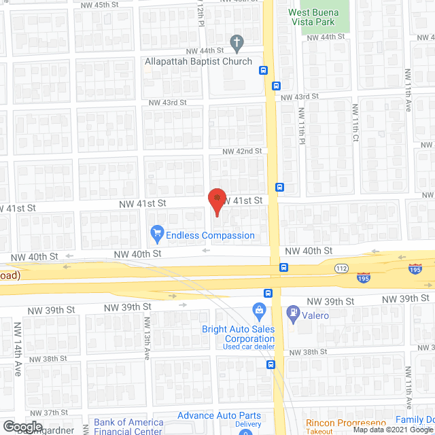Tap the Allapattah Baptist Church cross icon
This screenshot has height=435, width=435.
[x=237, y=43]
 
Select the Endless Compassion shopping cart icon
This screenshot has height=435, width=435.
[x=158, y=235]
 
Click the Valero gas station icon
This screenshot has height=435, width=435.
[x=293, y=314]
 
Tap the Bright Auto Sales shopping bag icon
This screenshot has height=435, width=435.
[x=258, y=311]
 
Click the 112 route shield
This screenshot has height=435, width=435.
[x=342, y=268]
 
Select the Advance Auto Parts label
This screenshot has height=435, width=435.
[x=219, y=415]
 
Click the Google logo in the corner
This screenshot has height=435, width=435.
[x=22, y=426]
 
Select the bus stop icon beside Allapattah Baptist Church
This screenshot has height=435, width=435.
[x=263, y=70]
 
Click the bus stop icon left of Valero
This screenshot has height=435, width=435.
[x=268, y=294]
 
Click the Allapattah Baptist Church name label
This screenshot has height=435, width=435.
[x=198, y=61]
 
